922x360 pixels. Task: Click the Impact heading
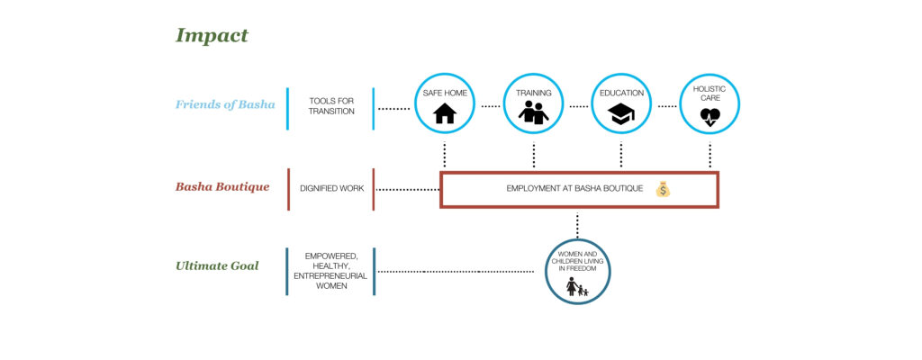click(212, 36)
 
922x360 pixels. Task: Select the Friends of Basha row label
click(225, 104)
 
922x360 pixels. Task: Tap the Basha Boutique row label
click(222, 187)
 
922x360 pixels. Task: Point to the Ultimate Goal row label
click(218, 266)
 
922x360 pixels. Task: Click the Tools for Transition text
click(331, 106)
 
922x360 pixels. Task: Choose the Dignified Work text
click(330, 188)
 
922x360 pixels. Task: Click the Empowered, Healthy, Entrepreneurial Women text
click(330, 270)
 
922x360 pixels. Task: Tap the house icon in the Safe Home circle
click(445, 114)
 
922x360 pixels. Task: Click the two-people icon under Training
click(533, 114)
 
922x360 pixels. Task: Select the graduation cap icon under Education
click(621, 114)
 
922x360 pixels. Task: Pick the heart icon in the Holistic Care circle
click(710, 115)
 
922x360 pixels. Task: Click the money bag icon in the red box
click(663, 189)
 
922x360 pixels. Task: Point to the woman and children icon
click(576, 287)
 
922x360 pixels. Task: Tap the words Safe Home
click(445, 92)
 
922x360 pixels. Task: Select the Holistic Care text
click(710, 94)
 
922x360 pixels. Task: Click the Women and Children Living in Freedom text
click(577, 261)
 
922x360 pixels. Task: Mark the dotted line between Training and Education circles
click(578, 107)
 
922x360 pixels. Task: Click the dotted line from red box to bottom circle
click(577, 223)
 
